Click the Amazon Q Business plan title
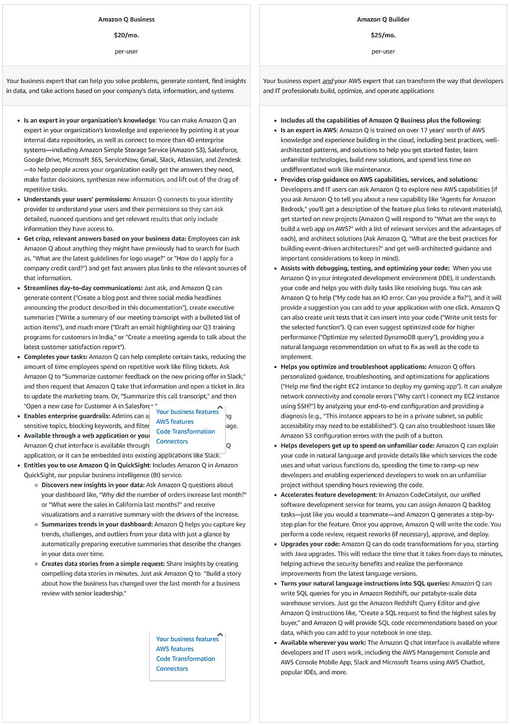126,20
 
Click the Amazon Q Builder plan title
383,20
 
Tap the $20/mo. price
126,35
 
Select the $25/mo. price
383,35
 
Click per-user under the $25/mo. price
383,52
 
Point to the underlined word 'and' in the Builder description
327,81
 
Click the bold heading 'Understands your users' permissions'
77,200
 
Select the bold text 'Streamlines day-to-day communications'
83,288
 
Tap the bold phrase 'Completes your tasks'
55,357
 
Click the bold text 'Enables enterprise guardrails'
67,416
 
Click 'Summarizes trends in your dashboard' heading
97,525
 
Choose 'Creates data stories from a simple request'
102,564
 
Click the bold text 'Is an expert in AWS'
309,130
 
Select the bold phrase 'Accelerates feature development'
328,495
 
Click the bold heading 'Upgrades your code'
310,544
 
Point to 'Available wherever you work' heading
323,643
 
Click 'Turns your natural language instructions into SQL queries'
365,584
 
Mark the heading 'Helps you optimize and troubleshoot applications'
353,367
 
